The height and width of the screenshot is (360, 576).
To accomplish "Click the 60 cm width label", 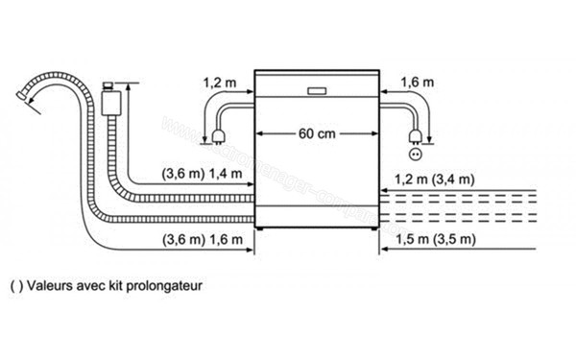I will click(316, 133).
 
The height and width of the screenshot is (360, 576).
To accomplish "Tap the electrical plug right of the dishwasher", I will click(415, 133).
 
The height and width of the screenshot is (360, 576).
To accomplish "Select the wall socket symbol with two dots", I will click(415, 154).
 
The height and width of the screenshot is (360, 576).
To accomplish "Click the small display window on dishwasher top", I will click(317, 91).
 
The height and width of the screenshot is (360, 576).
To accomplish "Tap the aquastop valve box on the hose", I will click(113, 99).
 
